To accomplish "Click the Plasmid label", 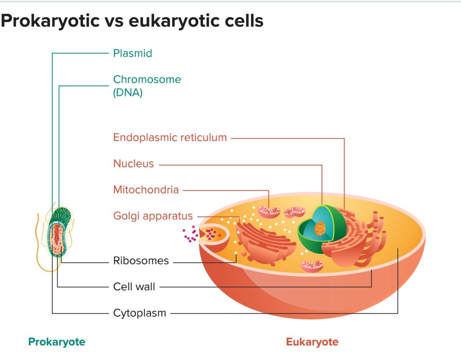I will click(133, 53).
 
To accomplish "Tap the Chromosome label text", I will click(147, 80).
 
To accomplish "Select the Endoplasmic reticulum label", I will click(170, 138).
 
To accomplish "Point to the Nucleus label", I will click(133, 164).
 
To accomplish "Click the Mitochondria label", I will click(146, 190).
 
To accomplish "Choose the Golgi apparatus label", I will click(153, 216).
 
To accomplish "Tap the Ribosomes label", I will click(141, 261).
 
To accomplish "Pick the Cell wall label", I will click(134, 287).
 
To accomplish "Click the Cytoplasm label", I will click(139, 313).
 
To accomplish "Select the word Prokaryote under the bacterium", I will click(57, 342).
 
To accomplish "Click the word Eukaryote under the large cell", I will click(312, 342).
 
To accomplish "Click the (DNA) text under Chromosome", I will click(128, 93).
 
